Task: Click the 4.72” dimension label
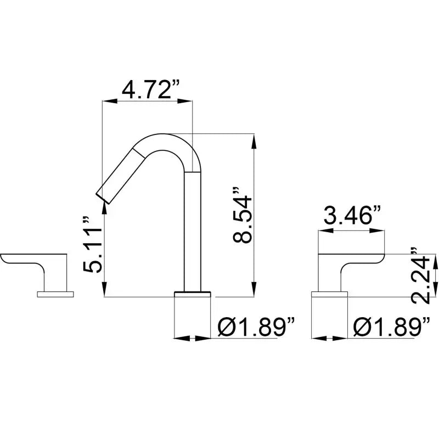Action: click(150, 89)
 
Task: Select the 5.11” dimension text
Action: click(93, 245)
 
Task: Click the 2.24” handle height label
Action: click(420, 276)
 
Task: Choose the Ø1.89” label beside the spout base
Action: click(256, 327)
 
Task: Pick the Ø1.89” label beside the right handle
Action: click(391, 327)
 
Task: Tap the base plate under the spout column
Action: click(193, 294)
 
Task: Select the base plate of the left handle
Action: click(55, 294)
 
